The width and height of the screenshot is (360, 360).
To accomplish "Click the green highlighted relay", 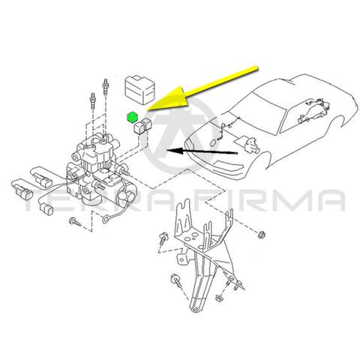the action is click(x=132, y=117).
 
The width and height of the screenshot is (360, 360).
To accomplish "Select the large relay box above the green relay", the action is click(x=139, y=89).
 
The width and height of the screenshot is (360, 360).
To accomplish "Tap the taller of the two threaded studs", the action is click(x=105, y=88).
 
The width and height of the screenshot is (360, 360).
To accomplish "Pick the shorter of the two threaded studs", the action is click(x=93, y=101).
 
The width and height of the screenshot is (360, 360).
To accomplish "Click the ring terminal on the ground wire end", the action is click(x=105, y=220).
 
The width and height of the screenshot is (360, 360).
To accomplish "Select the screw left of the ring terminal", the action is click(x=75, y=221).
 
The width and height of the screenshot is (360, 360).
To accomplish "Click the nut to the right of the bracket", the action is click(x=261, y=235).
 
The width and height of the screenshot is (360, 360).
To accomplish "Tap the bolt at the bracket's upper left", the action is click(x=165, y=238).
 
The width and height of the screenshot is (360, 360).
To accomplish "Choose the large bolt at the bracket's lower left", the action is click(x=176, y=280).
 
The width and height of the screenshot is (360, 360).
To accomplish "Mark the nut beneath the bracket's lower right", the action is click(x=219, y=298).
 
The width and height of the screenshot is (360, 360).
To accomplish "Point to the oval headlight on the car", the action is click(x=212, y=142).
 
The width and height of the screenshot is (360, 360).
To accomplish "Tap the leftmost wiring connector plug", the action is click(x=23, y=193).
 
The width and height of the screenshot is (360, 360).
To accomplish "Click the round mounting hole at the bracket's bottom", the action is click(x=196, y=309).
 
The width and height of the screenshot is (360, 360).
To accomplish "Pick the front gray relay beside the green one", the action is click(x=139, y=128).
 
